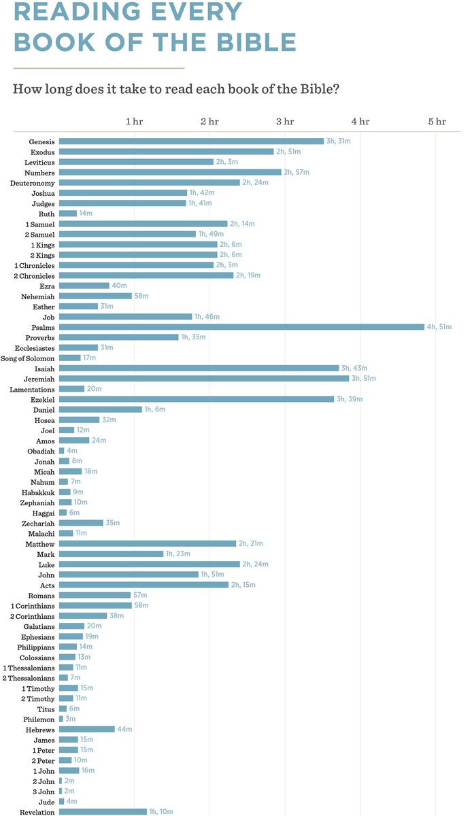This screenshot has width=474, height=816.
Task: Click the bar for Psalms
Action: click(x=241, y=327)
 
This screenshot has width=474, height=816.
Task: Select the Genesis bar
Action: click(x=191, y=141)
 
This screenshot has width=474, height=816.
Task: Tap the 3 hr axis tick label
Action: click(x=285, y=122)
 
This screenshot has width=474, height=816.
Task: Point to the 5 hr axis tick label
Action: click(x=437, y=122)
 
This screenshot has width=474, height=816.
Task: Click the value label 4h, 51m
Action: click(x=440, y=327)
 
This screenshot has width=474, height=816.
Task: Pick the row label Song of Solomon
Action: click(x=28, y=358)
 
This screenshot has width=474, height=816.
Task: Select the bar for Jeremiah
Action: click(x=204, y=378)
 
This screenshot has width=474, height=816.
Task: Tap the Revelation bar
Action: click(x=103, y=812)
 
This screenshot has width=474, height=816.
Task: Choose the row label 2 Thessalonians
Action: click(x=29, y=678)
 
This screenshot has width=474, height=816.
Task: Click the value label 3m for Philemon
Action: click(x=70, y=719)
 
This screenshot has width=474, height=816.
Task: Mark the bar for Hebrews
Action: click(x=87, y=729)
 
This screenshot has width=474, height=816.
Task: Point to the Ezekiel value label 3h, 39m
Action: click(x=350, y=399)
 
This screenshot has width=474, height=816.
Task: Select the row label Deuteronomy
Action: click(x=33, y=183)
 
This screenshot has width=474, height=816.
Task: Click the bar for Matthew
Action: click(x=148, y=543)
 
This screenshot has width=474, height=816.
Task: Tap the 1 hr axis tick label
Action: click(x=134, y=122)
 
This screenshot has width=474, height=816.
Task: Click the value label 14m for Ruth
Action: click(x=86, y=214)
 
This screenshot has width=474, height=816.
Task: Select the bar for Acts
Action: click(x=143, y=585)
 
